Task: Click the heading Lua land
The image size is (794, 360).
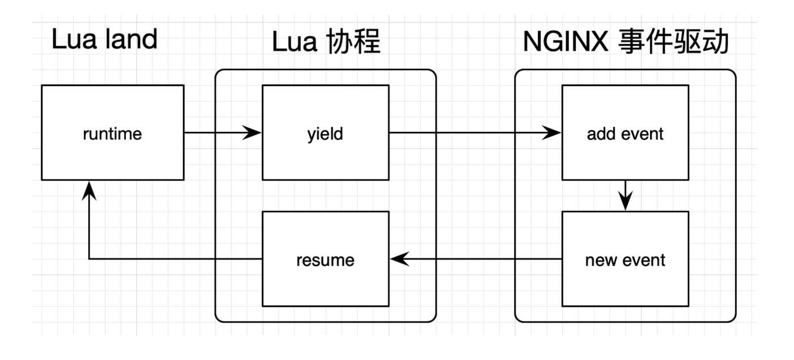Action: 104,41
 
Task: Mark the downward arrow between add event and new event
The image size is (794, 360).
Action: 625,196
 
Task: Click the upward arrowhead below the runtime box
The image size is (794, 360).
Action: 89,191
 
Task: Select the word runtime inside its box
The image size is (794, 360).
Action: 113,134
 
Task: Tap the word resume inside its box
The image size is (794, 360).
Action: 325,260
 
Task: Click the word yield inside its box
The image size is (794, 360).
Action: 325,134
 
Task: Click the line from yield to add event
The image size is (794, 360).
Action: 470,134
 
